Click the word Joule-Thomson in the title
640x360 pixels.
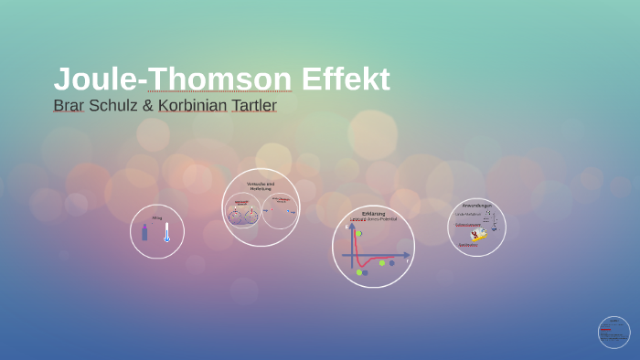point(172,79)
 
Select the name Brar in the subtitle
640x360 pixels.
point(69,105)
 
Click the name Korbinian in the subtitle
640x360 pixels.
point(191,105)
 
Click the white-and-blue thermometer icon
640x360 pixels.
point(166,232)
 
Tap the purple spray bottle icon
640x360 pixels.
point(144,232)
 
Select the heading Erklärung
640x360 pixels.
point(373,214)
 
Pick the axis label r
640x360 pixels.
point(408,261)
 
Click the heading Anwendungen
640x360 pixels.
point(476,206)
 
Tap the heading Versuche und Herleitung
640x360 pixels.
point(261,185)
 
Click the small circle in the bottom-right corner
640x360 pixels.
point(613,333)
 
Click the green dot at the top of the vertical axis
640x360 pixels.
point(358,233)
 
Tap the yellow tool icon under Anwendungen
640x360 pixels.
point(478,235)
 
